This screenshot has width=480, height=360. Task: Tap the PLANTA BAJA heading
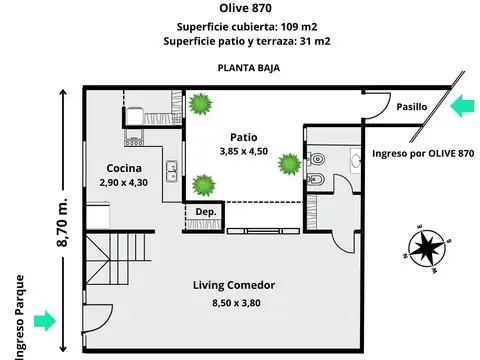[x=247, y=69]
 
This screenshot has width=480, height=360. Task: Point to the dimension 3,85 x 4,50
[x=244, y=152]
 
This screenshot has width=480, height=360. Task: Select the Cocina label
[x=124, y=168]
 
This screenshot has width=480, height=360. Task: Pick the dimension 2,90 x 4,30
[x=124, y=183]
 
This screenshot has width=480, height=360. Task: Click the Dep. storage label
[x=206, y=212]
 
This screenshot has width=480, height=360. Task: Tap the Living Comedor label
[x=234, y=285]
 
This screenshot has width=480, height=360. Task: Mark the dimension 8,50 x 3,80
[x=234, y=302]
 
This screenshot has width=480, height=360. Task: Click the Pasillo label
[x=411, y=106]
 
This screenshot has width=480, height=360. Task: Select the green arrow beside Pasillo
[x=462, y=106]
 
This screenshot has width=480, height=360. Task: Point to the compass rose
[x=429, y=246]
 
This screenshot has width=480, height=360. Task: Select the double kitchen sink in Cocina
[x=171, y=169]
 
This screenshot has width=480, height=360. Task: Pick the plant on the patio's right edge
[x=290, y=162]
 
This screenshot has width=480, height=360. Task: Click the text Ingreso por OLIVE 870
[x=422, y=153]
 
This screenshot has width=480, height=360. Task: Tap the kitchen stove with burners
[x=134, y=135]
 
